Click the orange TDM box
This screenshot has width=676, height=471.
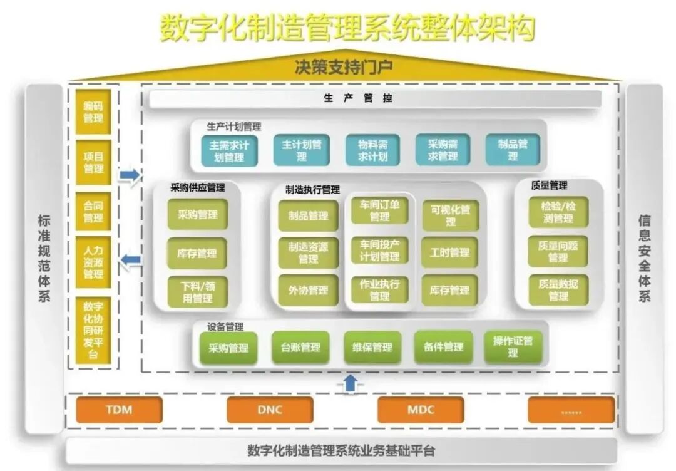tap(119, 410)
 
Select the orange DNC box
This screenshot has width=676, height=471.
tap(270, 410)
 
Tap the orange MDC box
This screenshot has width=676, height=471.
tap(421, 410)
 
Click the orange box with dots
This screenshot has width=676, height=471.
tap(571, 410)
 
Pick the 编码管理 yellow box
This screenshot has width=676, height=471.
tap(93, 112)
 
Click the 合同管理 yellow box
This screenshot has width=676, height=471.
tap(93, 212)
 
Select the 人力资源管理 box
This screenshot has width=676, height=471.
tap(93, 262)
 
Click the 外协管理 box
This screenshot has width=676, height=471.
tap(309, 291)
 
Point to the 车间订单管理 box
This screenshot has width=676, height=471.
tap(379, 210)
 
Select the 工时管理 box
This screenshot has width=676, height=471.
tap(449, 253)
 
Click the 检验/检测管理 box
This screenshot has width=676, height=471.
tap(558, 212)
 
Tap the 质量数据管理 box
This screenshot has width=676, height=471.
tap(558, 290)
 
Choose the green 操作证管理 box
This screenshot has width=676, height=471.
tap(513, 347)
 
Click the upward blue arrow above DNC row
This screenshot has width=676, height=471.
tap(351, 383)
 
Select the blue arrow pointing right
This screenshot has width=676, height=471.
tap(130, 177)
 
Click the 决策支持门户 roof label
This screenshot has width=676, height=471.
tap(344, 66)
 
